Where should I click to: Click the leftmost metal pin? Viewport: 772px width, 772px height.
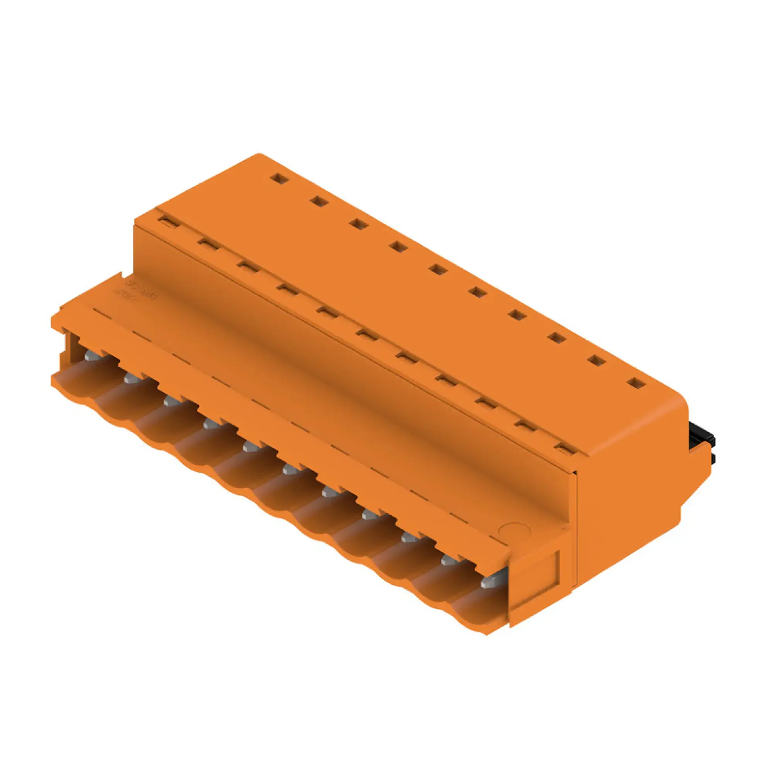pos(92,354)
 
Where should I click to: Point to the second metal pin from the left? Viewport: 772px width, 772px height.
pos(132,378)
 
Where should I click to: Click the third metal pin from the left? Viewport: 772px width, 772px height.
pos(171,400)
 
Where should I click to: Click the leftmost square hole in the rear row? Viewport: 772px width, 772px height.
pos(279,178)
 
